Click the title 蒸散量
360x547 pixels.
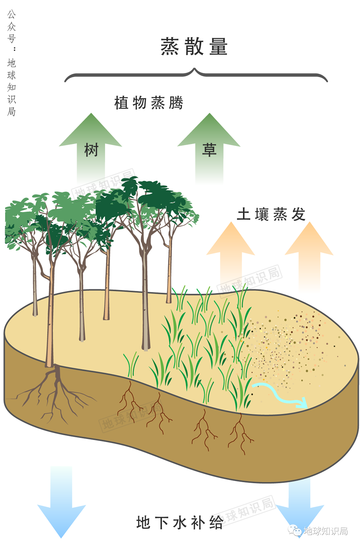point(194,46)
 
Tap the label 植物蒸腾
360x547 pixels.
point(149,103)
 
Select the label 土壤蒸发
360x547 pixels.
point(271,214)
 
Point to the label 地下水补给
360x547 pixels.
point(180,523)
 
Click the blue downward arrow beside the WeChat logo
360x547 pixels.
point(300,503)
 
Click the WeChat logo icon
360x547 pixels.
point(295,530)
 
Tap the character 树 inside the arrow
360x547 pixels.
point(91,150)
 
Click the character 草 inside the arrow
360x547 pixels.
point(209,150)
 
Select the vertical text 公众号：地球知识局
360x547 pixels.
point(12,63)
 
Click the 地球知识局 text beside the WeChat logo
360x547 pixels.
point(326,531)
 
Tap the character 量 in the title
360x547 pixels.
point(219,46)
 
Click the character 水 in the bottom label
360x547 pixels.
point(180,523)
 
